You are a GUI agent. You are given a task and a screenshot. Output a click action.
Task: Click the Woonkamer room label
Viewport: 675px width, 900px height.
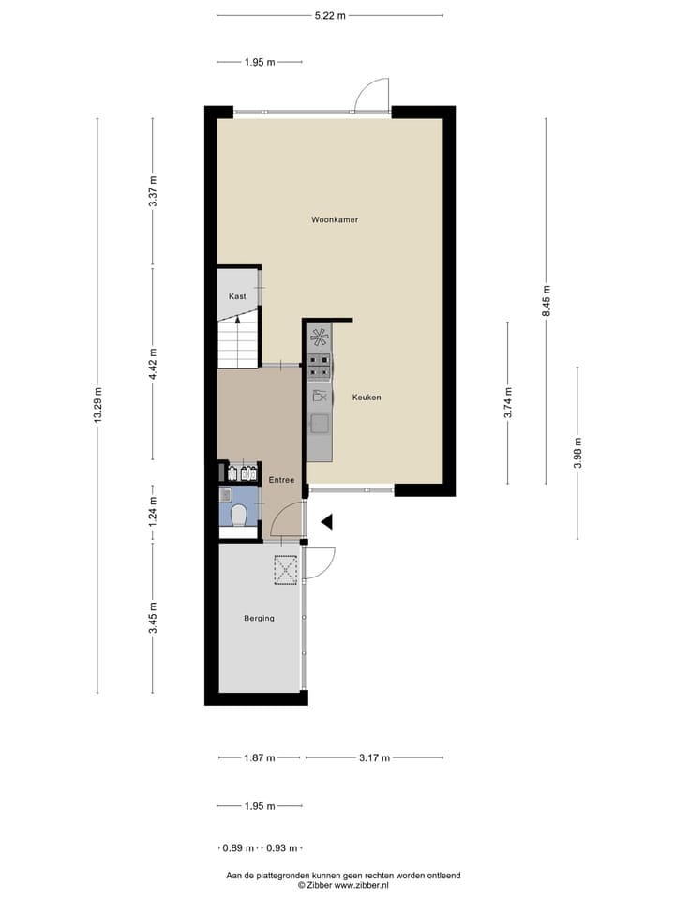[x=335, y=219]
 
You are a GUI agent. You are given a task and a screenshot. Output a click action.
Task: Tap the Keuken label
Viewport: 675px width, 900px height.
[x=366, y=397]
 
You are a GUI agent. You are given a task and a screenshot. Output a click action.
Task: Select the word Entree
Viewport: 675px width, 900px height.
[x=281, y=480]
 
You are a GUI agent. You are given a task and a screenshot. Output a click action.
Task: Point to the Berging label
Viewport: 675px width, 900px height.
[x=259, y=618]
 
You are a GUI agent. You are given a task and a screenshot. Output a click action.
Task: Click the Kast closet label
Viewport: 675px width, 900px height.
[x=237, y=296]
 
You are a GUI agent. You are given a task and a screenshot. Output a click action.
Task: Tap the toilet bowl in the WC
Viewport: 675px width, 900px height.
[x=238, y=515]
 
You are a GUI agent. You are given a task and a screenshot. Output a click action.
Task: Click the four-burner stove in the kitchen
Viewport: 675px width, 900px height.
[x=320, y=364]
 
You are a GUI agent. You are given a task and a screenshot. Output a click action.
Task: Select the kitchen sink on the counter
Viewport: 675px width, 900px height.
[x=320, y=424]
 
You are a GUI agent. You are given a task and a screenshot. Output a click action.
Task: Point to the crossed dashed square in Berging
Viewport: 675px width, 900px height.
[x=286, y=570]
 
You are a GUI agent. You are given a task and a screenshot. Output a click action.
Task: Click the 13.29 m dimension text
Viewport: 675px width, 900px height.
[x=97, y=405]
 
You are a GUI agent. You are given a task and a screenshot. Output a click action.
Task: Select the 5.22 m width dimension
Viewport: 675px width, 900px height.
[x=330, y=15]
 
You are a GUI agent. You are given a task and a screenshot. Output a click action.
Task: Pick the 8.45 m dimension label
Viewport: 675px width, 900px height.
[x=547, y=301]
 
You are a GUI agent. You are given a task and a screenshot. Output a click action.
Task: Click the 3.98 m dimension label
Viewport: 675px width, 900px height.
[x=577, y=453]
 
